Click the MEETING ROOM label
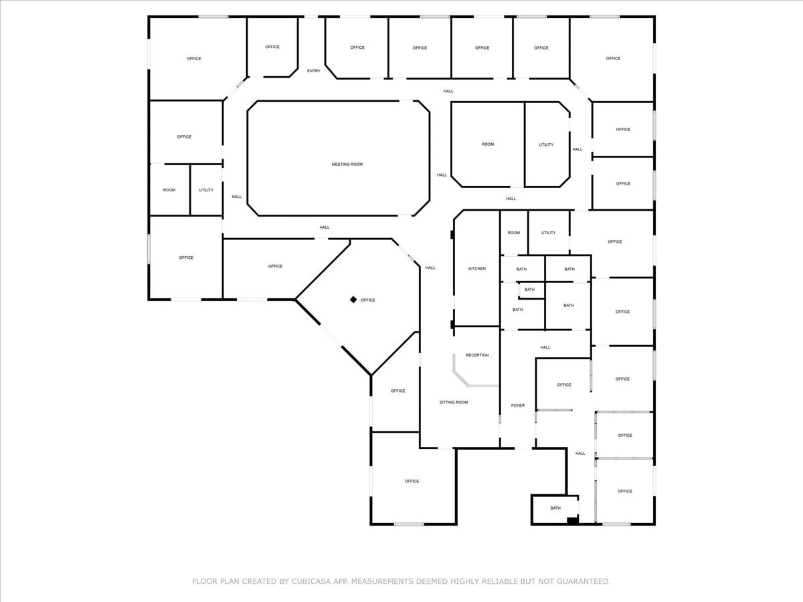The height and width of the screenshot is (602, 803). click(x=347, y=164)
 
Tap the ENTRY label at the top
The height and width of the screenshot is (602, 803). click(x=314, y=71)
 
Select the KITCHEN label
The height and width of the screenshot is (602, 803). click(x=477, y=269)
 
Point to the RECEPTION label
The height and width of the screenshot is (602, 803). click(x=477, y=355)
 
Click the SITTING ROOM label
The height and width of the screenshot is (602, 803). click(x=454, y=403)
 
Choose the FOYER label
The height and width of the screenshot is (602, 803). click(x=518, y=405)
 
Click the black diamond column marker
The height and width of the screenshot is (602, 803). click(x=353, y=300)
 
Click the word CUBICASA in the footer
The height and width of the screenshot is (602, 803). click(x=308, y=582)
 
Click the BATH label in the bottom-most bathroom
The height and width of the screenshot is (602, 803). click(x=555, y=508)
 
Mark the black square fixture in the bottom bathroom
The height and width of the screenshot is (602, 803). click(x=572, y=520)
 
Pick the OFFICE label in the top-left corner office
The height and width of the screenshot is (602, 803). click(x=194, y=59)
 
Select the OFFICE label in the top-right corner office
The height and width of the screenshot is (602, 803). click(x=613, y=59)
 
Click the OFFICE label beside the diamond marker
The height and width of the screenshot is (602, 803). click(x=368, y=300)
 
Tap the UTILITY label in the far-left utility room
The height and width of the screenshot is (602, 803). click(x=206, y=190)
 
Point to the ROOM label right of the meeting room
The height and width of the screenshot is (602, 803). click(x=488, y=144)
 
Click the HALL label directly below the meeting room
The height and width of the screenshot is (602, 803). click(x=325, y=227)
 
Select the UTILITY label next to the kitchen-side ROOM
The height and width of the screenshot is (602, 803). click(x=548, y=233)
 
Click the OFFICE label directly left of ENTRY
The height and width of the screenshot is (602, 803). click(x=272, y=47)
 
